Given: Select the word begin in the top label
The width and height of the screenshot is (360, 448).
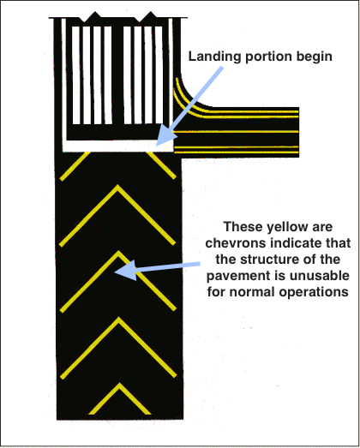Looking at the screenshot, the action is pos(315,57).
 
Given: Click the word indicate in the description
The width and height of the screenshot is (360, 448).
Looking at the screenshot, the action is pos(297,243).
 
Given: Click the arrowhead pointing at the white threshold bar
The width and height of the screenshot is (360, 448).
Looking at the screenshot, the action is pos(165,137).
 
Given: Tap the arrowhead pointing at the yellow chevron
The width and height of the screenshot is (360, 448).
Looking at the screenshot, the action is pos(125,271).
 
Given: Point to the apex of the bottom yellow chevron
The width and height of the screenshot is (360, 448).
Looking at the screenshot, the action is pos(119,385).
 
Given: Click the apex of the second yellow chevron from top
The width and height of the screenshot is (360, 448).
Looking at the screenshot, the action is pos(117,186).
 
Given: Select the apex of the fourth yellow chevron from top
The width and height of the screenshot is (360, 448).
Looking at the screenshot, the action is pos(118,319).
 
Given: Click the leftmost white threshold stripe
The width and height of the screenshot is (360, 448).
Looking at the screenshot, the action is pos(75,75).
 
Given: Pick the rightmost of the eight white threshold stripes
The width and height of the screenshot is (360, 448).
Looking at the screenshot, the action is pos(159,75).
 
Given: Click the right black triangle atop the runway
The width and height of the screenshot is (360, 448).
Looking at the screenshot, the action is pos(150,16).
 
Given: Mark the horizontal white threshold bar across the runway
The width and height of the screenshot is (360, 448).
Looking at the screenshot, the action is pos(117,146).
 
